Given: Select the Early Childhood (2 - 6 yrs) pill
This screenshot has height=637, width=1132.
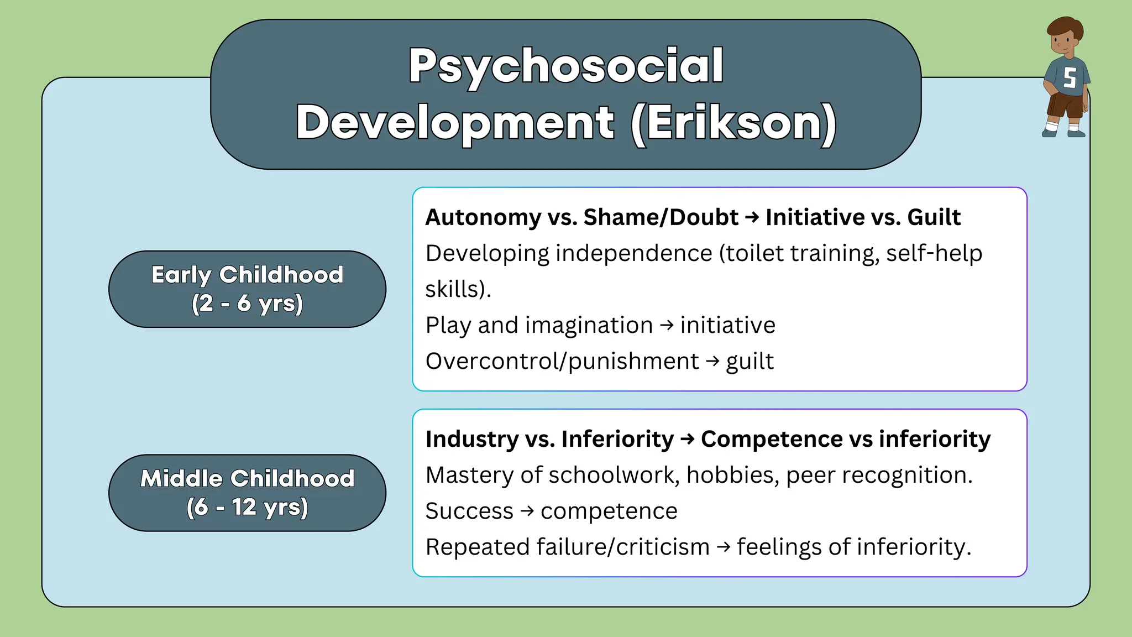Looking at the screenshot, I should [x=247, y=289].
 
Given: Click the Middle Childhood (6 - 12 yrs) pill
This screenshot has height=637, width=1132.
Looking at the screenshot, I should [x=247, y=493].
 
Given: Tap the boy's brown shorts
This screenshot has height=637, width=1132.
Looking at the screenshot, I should [x=1066, y=105].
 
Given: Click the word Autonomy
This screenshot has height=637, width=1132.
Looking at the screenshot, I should [x=483, y=217].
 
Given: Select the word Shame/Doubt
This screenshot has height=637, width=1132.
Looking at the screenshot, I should [x=661, y=217].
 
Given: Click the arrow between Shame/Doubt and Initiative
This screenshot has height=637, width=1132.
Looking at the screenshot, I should [x=752, y=217].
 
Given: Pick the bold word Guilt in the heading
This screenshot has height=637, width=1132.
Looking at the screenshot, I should [x=934, y=217].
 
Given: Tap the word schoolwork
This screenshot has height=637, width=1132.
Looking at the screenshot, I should [x=614, y=476].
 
